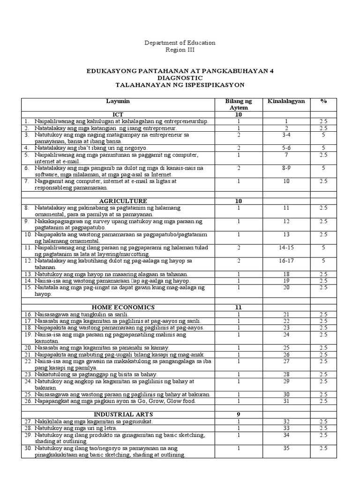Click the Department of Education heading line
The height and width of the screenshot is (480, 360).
pos(180,43)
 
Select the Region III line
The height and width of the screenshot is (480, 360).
pos(180,50)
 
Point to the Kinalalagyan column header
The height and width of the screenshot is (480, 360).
pos(286,101)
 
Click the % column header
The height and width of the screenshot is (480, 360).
pos(323,101)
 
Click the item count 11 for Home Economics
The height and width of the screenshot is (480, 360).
pos(238,307)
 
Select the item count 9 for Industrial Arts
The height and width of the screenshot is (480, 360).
pos(238,414)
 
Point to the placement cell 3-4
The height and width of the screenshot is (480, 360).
pos(286,135)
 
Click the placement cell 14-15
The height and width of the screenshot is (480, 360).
pos(286,247)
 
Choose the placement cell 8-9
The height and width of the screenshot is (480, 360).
pos(286,167)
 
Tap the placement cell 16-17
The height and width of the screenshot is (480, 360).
pos(286,260)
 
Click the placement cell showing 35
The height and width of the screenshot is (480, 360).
pos(286,448)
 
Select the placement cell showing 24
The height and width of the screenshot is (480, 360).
pos(286,335)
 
